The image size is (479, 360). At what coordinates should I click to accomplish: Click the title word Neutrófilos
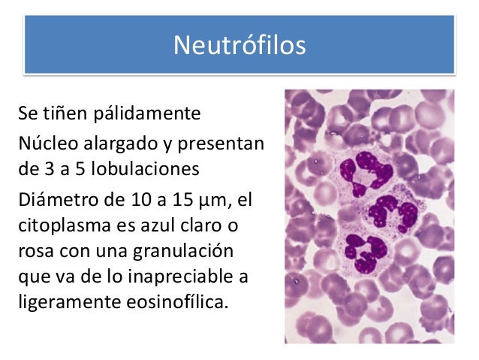pos(239,46)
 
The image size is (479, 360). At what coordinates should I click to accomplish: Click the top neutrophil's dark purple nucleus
pos(360,165)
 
